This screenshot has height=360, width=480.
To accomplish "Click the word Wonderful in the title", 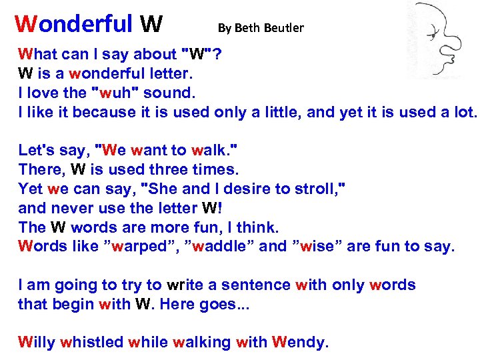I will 74,24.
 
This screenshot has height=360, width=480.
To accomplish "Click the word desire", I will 236,188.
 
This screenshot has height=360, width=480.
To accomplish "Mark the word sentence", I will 257,285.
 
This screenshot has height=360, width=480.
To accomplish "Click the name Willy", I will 36,343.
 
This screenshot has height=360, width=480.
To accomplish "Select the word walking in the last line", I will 201,343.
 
